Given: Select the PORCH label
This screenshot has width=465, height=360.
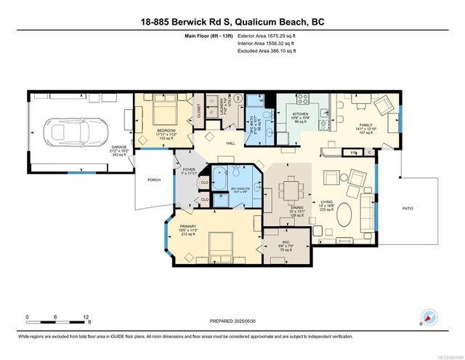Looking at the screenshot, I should tap(154, 180).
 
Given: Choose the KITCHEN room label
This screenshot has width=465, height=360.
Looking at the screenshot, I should tap(302, 114).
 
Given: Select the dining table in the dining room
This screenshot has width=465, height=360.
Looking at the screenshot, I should tap(292, 191).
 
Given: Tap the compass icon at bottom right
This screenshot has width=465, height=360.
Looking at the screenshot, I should tap(429, 319).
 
